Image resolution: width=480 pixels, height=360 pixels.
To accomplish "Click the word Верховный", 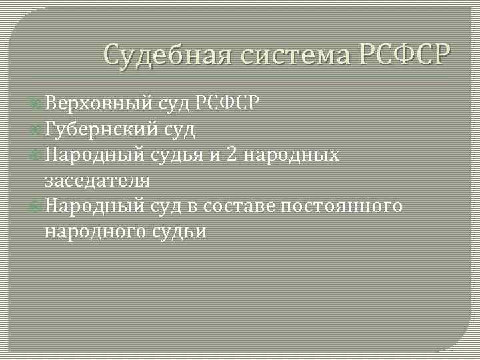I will point(98,103).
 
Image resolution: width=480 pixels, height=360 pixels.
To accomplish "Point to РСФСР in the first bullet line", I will point(229,103).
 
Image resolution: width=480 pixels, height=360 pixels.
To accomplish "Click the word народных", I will point(292,155).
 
